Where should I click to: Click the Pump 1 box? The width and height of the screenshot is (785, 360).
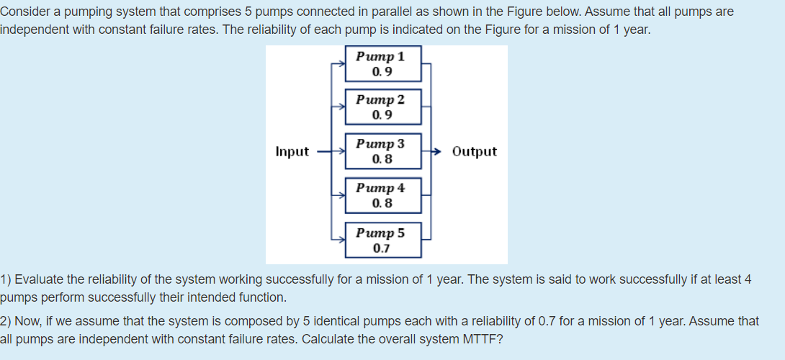pyautogui.click(x=382, y=63)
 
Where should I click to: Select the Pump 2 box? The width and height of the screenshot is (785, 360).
pyautogui.click(x=382, y=107)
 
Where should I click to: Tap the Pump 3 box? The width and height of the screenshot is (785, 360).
pyautogui.click(x=382, y=151)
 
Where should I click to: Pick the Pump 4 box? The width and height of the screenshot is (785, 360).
pyautogui.click(x=382, y=195)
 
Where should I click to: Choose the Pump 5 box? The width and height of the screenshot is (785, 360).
pyautogui.click(x=382, y=240)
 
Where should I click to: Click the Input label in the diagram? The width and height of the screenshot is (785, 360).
pyautogui.click(x=292, y=152)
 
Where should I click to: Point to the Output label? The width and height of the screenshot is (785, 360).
pyautogui.click(x=474, y=152)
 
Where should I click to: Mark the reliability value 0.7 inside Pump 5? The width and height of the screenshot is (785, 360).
pyautogui.click(x=382, y=248)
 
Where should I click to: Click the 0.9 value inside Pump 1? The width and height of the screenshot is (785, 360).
pyautogui.click(x=382, y=72)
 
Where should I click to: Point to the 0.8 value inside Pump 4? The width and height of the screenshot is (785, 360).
pyautogui.click(x=382, y=204)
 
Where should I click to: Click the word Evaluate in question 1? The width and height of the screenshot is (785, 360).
pyautogui.click(x=39, y=279)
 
